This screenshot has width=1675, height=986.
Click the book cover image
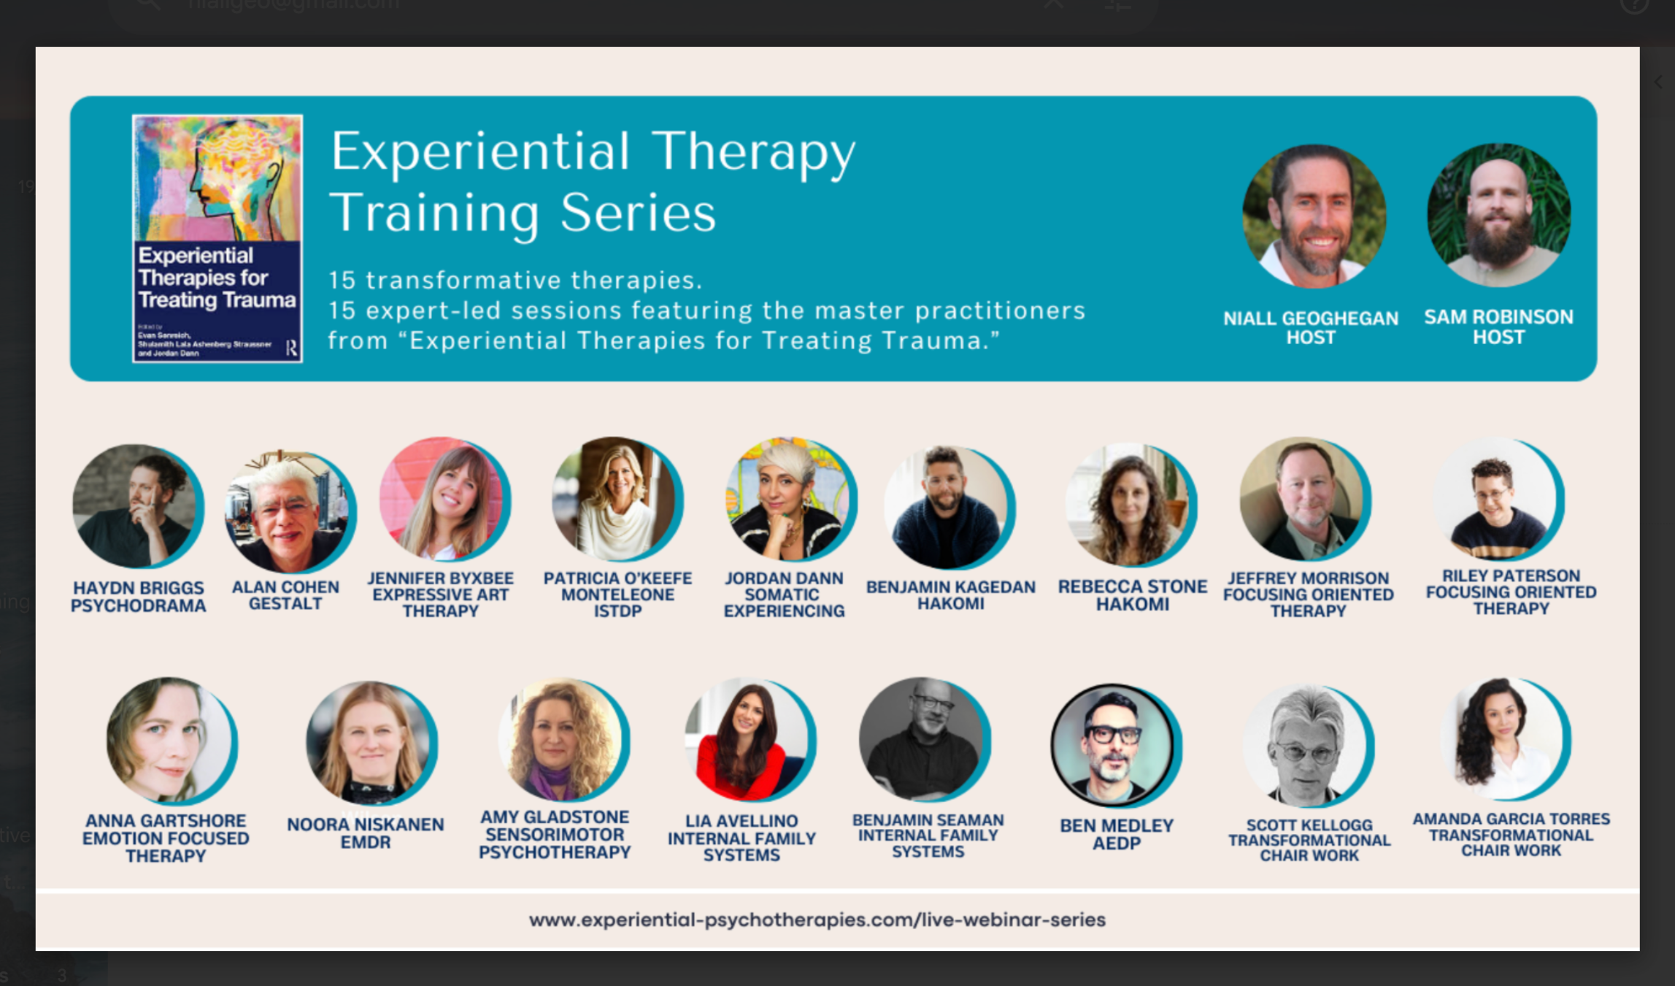(x=217, y=238)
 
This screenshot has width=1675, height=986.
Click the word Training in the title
(x=434, y=213)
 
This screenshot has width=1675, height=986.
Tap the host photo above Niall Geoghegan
(x=1313, y=216)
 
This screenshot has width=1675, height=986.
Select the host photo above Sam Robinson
(x=1498, y=215)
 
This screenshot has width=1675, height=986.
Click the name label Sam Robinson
(x=1498, y=317)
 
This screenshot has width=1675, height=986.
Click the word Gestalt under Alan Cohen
(x=285, y=604)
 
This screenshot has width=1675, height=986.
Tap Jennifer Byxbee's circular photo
(x=444, y=500)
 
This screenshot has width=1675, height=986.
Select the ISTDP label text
(x=617, y=611)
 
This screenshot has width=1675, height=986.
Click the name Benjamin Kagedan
(x=950, y=587)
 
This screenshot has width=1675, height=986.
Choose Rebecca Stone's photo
(x=1130, y=505)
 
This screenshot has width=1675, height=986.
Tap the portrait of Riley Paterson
(x=1498, y=500)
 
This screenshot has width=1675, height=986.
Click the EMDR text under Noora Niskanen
(x=366, y=842)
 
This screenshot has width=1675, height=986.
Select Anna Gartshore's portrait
(x=171, y=741)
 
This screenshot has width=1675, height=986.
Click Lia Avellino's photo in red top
(x=749, y=739)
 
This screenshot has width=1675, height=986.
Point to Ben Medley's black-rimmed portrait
(x=1114, y=745)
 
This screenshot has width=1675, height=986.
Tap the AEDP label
(x=1116, y=844)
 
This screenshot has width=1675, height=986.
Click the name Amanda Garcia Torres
(x=1511, y=819)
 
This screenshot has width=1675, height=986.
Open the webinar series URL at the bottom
(x=817, y=920)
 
